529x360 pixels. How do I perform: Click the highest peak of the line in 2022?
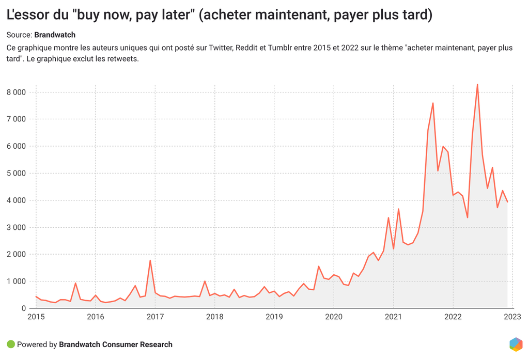pyautogui.click(x=477, y=84)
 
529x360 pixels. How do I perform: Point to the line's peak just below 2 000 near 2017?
pyautogui.click(x=150, y=260)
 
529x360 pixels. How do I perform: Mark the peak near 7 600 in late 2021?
pyautogui.click(x=433, y=103)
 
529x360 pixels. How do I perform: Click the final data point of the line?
pyautogui.click(x=507, y=202)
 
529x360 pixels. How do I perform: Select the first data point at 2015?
pyautogui.click(x=36, y=296)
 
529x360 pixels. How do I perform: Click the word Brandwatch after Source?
pyautogui.click(x=55, y=35)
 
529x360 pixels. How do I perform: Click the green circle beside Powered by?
pyautogui.click(x=11, y=345)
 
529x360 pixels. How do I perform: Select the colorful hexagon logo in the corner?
pyautogui.click(x=516, y=344)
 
